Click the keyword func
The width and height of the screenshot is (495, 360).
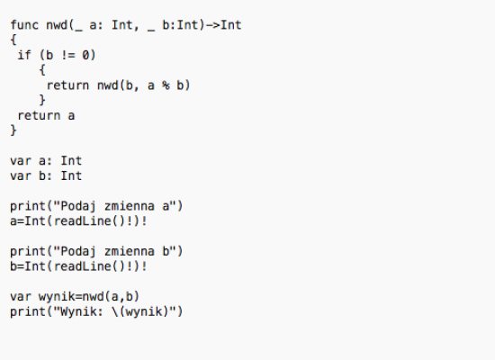24,25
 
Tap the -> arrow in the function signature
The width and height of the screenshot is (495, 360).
212,25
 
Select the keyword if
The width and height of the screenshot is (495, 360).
24,55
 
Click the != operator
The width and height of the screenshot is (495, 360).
67,55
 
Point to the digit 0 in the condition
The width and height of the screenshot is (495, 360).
85,55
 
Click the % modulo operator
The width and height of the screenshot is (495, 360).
166,85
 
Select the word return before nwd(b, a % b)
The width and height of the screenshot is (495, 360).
67,85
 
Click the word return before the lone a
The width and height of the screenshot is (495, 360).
39,115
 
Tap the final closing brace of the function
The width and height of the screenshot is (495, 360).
13,130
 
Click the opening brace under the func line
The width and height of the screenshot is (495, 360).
13,40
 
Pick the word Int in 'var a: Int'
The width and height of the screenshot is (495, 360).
71,160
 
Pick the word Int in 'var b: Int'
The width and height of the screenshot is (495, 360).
71,175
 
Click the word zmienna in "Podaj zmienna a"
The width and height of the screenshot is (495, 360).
130,206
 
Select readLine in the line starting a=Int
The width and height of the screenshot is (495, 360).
83,220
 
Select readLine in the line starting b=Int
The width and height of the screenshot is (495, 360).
83,266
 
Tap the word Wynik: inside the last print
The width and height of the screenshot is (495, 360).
82,311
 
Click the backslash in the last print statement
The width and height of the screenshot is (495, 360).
115,311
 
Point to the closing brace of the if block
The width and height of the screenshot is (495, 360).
42,100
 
